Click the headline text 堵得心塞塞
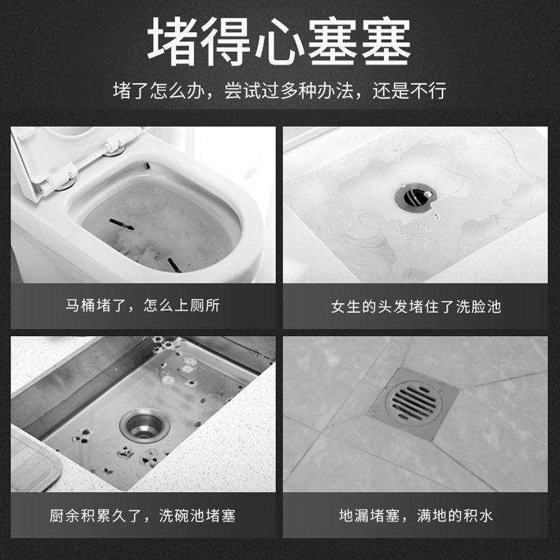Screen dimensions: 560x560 click(279, 42)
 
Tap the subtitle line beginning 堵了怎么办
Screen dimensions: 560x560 click(279, 91)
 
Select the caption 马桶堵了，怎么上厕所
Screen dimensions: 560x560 click(143, 306)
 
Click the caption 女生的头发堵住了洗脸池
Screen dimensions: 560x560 click(416, 307)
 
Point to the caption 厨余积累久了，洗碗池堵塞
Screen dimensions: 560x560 click(143, 515)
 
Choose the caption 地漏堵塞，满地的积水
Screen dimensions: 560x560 click(416, 515)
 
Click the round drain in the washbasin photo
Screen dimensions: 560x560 click(416, 197)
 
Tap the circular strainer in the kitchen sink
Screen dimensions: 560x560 click(146, 424)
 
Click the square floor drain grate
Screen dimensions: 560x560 click(413, 404)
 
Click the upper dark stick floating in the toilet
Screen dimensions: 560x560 click(121, 224)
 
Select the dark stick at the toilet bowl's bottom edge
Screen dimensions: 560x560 click(174, 265)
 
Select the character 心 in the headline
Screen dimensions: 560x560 click(279, 42)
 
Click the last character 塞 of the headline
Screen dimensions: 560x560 click(386, 42)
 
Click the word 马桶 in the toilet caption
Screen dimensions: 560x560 click(80, 306)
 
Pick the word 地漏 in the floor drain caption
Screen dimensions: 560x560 click(354, 515)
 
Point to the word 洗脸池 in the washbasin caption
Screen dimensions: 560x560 click(478, 307)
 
